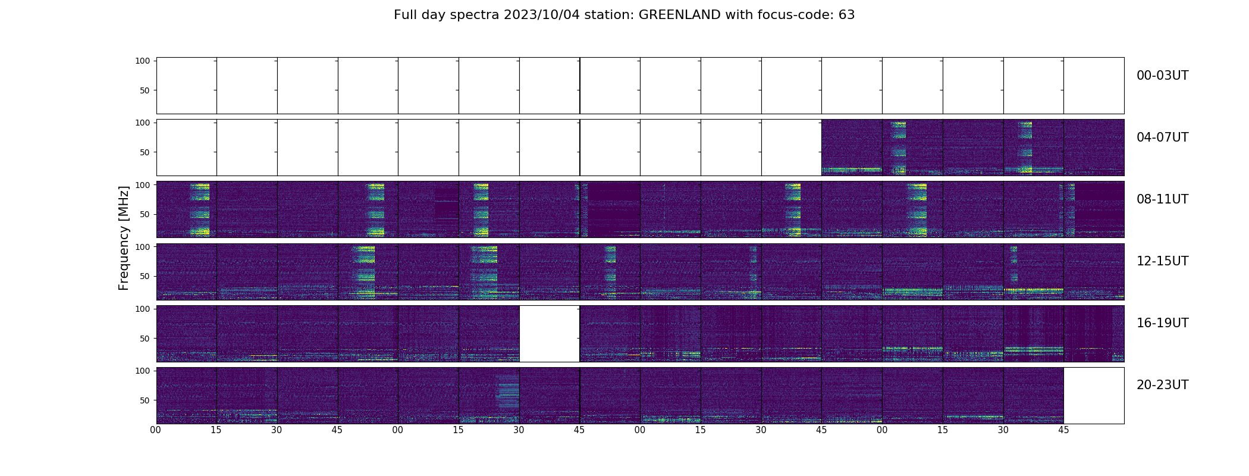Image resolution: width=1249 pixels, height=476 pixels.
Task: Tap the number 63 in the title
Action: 846,15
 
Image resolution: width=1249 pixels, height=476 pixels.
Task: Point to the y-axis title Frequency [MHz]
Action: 124,238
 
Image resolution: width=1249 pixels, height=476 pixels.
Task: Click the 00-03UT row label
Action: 1162,76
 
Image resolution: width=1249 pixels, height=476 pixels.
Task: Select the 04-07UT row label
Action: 1162,138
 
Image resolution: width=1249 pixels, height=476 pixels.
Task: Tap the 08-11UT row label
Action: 1162,200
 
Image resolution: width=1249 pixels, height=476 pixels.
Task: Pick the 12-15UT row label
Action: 1162,262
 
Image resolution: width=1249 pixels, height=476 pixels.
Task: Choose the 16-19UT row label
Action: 1162,324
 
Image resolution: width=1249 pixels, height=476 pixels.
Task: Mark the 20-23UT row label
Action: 1162,386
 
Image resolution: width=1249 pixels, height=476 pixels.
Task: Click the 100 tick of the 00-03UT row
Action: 143,61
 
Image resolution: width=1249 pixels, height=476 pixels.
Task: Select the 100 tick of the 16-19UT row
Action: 143,309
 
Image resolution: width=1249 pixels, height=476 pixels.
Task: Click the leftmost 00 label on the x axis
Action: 156,430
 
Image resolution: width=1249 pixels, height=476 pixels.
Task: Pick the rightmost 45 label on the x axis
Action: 1063,430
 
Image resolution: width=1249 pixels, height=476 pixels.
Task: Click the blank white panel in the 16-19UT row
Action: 550,334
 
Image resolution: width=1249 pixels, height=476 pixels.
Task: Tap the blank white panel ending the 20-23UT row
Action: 1094,396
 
